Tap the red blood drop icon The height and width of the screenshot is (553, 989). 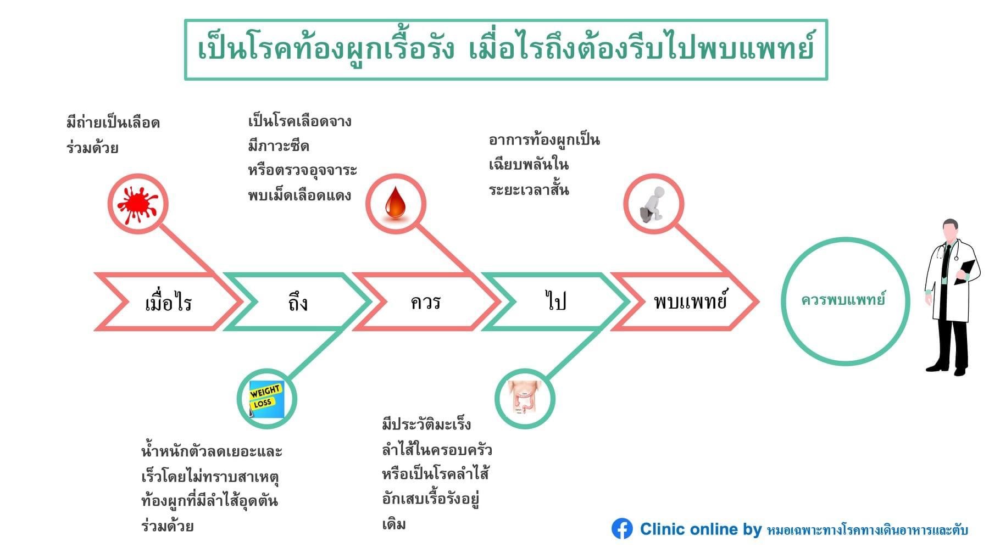(396, 204)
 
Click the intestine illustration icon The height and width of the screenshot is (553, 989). (525, 399)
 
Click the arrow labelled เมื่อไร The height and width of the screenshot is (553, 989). (168, 302)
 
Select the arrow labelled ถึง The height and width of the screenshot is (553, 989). (297, 302)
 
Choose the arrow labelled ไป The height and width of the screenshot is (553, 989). (555, 302)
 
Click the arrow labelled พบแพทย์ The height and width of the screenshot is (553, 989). (690, 301)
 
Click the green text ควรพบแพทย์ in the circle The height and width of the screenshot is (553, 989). (843, 300)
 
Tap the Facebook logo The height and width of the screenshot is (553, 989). (622, 529)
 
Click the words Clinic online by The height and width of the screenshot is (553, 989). (701, 529)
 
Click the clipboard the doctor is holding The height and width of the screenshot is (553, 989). (964, 271)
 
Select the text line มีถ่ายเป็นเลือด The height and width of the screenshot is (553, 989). (113, 122)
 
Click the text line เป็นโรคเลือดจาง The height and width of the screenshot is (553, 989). (300, 121)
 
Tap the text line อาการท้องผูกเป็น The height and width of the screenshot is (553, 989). (544, 140)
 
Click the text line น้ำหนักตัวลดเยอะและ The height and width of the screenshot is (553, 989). (212, 451)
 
